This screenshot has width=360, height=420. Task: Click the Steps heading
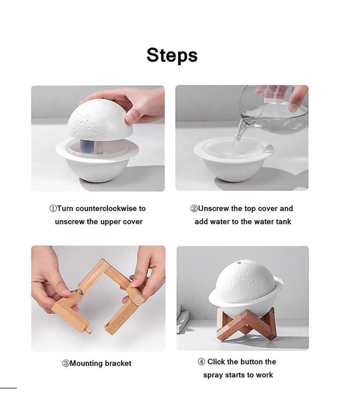[x=172, y=55]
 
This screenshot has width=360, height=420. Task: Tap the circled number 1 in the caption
[x=52, y=209]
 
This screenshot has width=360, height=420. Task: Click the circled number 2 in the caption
[x=194, y=209]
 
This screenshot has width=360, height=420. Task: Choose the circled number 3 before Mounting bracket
[x=66, y=363]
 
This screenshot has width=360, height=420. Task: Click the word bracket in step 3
[x=118, y=363]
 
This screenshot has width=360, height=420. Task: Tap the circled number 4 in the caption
[x=202, y=362]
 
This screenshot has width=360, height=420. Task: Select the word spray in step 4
[x=213, y=375]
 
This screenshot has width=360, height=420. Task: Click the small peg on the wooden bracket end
[x=88, y=329]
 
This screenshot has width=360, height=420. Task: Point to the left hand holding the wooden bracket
[x=49, y=278]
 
